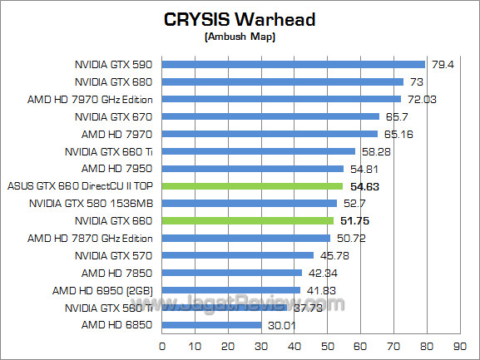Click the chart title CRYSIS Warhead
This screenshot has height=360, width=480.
tap(240, 21)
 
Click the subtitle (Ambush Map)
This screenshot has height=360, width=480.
tap(240, 37)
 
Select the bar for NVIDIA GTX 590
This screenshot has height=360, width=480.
tap(293, 64)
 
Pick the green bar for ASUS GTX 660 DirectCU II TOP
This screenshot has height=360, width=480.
tap(252, 186)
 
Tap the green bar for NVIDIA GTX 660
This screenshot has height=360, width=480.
tap(247, 221)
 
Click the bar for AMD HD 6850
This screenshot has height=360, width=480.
tap(211, 325)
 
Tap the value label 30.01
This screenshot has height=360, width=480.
tap(280, 325)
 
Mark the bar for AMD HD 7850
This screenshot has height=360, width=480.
tap(232, 273)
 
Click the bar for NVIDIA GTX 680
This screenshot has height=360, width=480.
tap(282, 81)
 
